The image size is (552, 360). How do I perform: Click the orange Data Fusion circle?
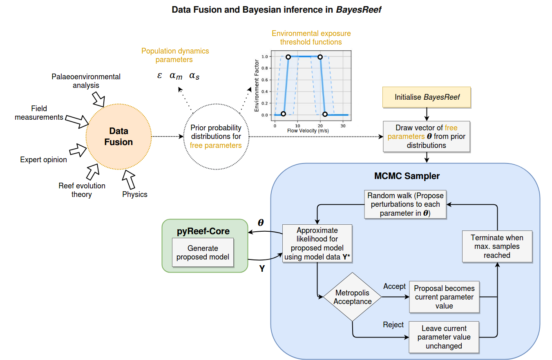pos(118,136)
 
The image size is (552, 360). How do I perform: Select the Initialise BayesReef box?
pos(427,97)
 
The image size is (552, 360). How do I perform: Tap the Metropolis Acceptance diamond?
pos(352,297)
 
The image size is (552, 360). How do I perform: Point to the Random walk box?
pos(405,204)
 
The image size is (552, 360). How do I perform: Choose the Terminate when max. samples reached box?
pos(497,246)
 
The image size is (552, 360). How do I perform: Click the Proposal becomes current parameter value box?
pos(444,297)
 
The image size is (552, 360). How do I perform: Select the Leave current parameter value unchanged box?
pos(444,337)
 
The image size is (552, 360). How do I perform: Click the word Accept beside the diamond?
pos(394,286)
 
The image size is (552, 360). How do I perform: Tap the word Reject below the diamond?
pos(393,325)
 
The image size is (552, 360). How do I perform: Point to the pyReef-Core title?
pos(203,231)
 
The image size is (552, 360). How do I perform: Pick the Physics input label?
pos(135,194)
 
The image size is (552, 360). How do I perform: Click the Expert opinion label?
pos(44,160)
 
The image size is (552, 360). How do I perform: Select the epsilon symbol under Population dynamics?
pos(159,76)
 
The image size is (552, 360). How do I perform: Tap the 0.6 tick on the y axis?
pos(266,80)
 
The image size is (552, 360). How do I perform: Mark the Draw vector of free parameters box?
pos(427,136)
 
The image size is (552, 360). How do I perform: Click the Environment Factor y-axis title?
pos(257,86)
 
